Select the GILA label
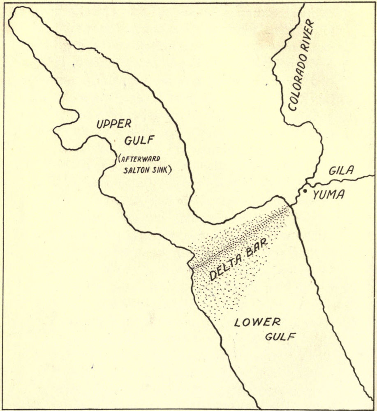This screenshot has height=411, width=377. point(341,170)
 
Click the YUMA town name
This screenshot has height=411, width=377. point(328,195)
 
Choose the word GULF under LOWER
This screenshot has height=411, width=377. point(280,336)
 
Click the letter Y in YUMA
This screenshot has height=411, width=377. point(316,195)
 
